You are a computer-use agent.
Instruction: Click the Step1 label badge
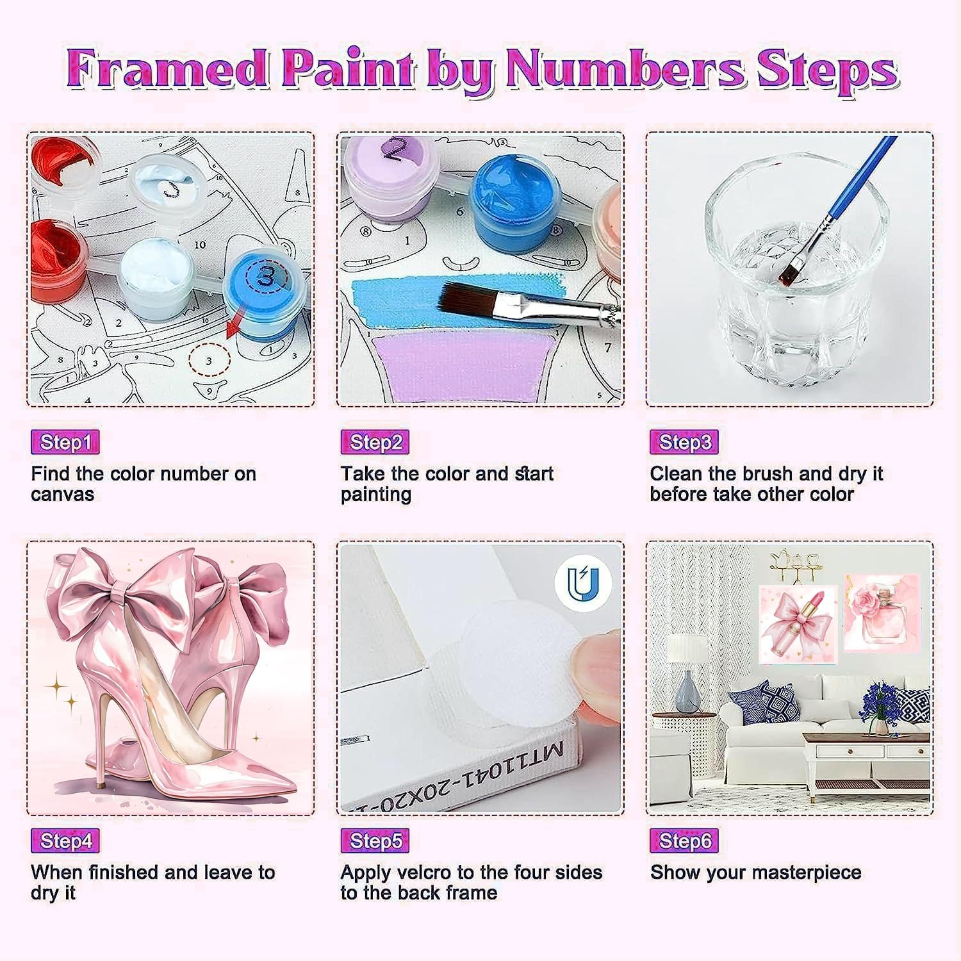(65, 442)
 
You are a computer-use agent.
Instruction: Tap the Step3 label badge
(684, 442)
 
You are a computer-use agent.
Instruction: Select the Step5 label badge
(375, 841)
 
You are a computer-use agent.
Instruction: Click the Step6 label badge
(684, 841)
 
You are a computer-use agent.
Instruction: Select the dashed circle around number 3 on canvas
(209, 361)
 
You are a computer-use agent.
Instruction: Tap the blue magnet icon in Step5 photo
(583, 584)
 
